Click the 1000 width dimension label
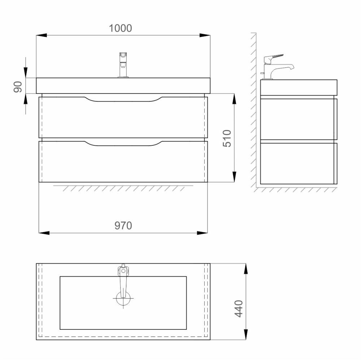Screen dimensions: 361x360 coord(120,28)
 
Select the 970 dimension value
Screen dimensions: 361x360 coord(123,226)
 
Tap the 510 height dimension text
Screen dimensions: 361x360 coord(227,138)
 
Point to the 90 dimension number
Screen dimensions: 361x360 coord(18,87)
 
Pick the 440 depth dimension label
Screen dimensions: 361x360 coord(239,309)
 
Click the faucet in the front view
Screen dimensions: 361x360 coord(123,65)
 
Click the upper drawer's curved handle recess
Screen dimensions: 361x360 coord(123,99)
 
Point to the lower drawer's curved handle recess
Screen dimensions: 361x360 coord(123,144)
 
